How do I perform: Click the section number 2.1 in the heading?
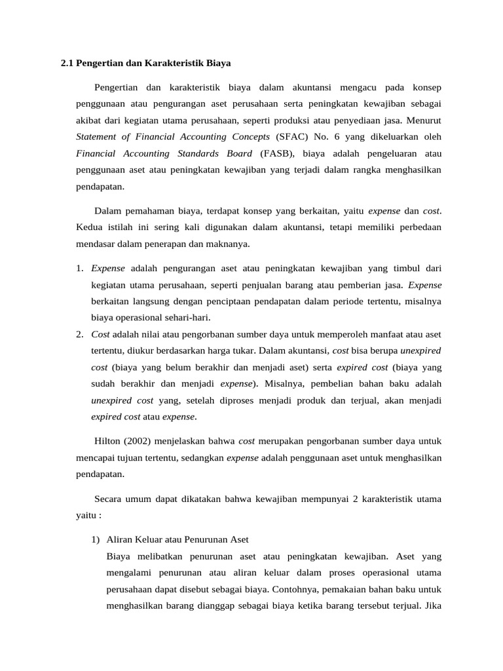[x=67, y=64]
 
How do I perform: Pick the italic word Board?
[x=237, y=153]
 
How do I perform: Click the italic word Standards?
[x=194, y=153]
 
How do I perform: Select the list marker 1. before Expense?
[x=79, y=267]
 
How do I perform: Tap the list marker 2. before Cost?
[x=79, y=334]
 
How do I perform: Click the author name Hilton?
[x=108, y=441]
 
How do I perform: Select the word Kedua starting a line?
[x=90, y=227]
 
